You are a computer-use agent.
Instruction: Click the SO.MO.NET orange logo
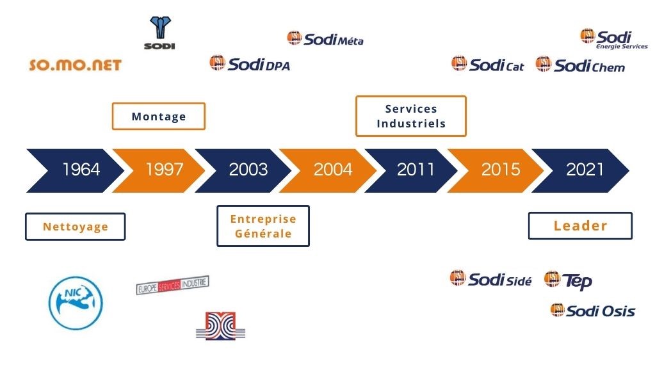(x=75, y=65)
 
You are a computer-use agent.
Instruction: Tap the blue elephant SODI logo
(x=159, y=33)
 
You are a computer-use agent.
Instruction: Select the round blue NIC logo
(x=76, y=303)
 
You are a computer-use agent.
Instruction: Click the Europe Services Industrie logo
(x=172, y=285)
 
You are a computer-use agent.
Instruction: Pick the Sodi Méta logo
(x=325, y=38)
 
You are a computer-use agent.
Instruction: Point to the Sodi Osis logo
(x=593, y=310)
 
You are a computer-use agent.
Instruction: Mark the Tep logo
(x=568, y=280)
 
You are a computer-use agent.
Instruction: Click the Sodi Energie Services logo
(x=614, y=39)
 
